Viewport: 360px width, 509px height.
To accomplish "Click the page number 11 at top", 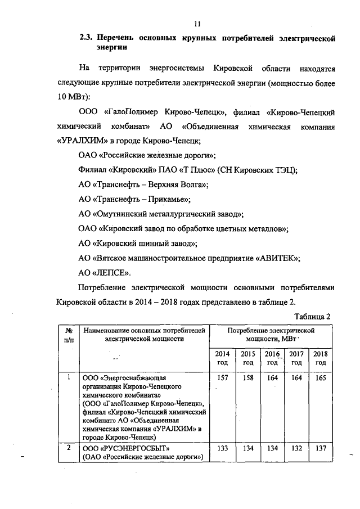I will (197, 24).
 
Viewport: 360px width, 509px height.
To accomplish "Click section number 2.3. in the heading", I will (86, 39).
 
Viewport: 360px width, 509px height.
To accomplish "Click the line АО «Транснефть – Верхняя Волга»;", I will (143, 184).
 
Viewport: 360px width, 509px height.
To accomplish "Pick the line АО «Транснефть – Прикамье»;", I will (135, 199).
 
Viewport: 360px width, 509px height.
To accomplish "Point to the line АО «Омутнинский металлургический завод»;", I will (161, 214).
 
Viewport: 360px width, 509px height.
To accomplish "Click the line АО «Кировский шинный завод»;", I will (138, 244).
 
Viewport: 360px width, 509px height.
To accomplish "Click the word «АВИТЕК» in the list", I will (278, 258).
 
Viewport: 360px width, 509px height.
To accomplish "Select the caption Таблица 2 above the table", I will (312, 316).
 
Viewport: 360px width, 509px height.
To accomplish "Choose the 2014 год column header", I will (222, 358).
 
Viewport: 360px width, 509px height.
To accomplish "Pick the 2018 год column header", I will (320, 358).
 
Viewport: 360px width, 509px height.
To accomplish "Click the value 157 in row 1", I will (222, 378).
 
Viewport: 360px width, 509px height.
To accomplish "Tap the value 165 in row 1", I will (320, 378).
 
